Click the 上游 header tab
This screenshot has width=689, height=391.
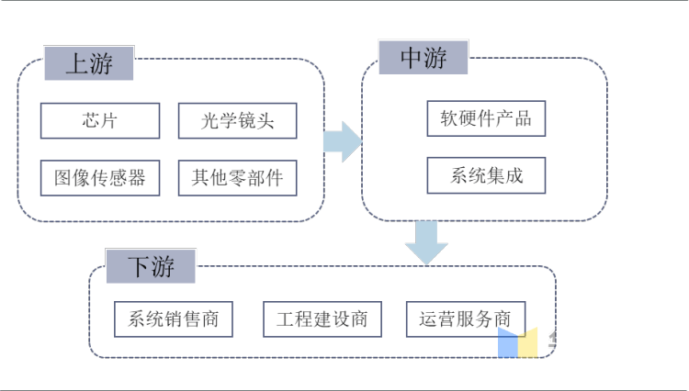pyautogui.click(x=89, y=63)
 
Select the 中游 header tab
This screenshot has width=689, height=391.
pyautogui.click(x=424, y=59)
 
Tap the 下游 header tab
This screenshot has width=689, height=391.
pyautogui.click(x=152, y=267)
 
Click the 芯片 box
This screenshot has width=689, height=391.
pyautogui.click(x=99, y=120)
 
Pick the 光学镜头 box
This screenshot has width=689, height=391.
pyautogui.click(x=237, y=120)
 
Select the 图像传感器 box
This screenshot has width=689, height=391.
pyautogui.click(x=99, y=177)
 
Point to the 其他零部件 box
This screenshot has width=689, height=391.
pyautogui.click(x=237, y=177)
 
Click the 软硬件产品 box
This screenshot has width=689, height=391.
pyautogui.click(x=486, y=118)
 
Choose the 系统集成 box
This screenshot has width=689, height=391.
pyautogui.click(x=486, y=175)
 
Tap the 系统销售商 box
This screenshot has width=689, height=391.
pyautogui.click(x=174, y=319)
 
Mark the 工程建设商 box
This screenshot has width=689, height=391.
pyautogui.click(x=322, y=319)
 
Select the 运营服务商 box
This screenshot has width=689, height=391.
pyautogui.click(x=465, y=319)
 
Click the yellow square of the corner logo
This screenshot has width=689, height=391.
pyautogui.click(x=528, y=342)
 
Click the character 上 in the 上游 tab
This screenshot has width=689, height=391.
pyautogui.click(x=76, y=63)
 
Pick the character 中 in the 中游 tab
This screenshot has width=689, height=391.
pyautogui.click(x=412, y=59)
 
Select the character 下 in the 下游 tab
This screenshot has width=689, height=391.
pyautogui.click(x=138, y=267)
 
